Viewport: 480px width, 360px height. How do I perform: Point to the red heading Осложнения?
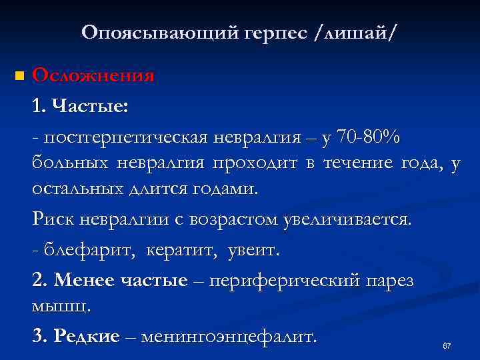(x=93, y=75)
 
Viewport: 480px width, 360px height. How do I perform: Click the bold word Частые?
(x=90, y=105)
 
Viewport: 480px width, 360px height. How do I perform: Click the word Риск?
(x=51, y=219)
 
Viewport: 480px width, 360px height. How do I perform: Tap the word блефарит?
(x=77, y=251)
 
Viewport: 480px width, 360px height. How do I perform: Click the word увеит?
(x=255, y=251)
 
